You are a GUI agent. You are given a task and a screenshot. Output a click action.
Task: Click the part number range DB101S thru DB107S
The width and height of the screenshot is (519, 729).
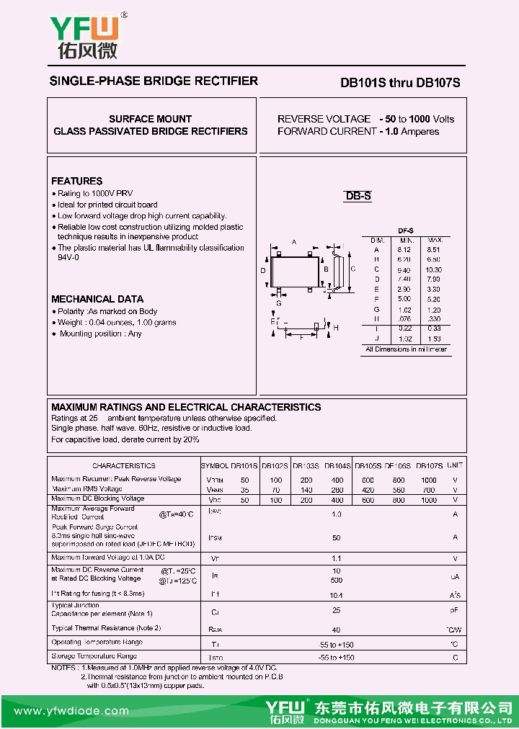399,83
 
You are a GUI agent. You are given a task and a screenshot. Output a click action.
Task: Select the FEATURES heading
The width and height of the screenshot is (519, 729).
77,181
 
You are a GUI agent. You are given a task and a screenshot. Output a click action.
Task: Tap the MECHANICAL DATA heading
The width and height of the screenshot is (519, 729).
97,299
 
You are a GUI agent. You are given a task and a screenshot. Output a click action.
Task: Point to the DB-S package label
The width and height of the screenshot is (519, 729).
358,196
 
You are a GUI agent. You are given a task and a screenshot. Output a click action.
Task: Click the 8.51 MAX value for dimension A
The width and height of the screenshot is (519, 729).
434,250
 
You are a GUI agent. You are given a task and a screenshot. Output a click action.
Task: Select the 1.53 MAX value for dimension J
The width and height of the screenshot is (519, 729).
434,339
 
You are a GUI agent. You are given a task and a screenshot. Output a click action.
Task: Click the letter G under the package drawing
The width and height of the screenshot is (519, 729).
278,303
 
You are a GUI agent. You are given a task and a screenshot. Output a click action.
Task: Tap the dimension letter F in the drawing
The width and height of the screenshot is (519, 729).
301,339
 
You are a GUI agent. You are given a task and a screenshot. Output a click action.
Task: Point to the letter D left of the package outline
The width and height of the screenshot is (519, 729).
263,270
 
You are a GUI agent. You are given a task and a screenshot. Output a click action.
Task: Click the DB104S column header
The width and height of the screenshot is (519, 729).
337,466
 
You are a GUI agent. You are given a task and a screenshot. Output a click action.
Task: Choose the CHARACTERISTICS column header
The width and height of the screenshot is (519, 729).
124,466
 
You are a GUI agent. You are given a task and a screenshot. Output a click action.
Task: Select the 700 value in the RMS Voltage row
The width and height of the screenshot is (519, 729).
429,489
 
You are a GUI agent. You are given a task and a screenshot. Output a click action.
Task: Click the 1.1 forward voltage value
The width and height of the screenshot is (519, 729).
336,558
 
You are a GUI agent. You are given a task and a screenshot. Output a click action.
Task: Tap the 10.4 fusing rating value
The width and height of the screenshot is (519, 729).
336,596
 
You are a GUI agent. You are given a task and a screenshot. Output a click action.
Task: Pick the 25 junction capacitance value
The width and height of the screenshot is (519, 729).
336,610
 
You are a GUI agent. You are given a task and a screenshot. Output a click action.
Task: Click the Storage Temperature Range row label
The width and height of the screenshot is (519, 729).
94,656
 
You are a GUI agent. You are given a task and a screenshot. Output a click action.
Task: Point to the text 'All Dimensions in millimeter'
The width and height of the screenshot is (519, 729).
407,349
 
